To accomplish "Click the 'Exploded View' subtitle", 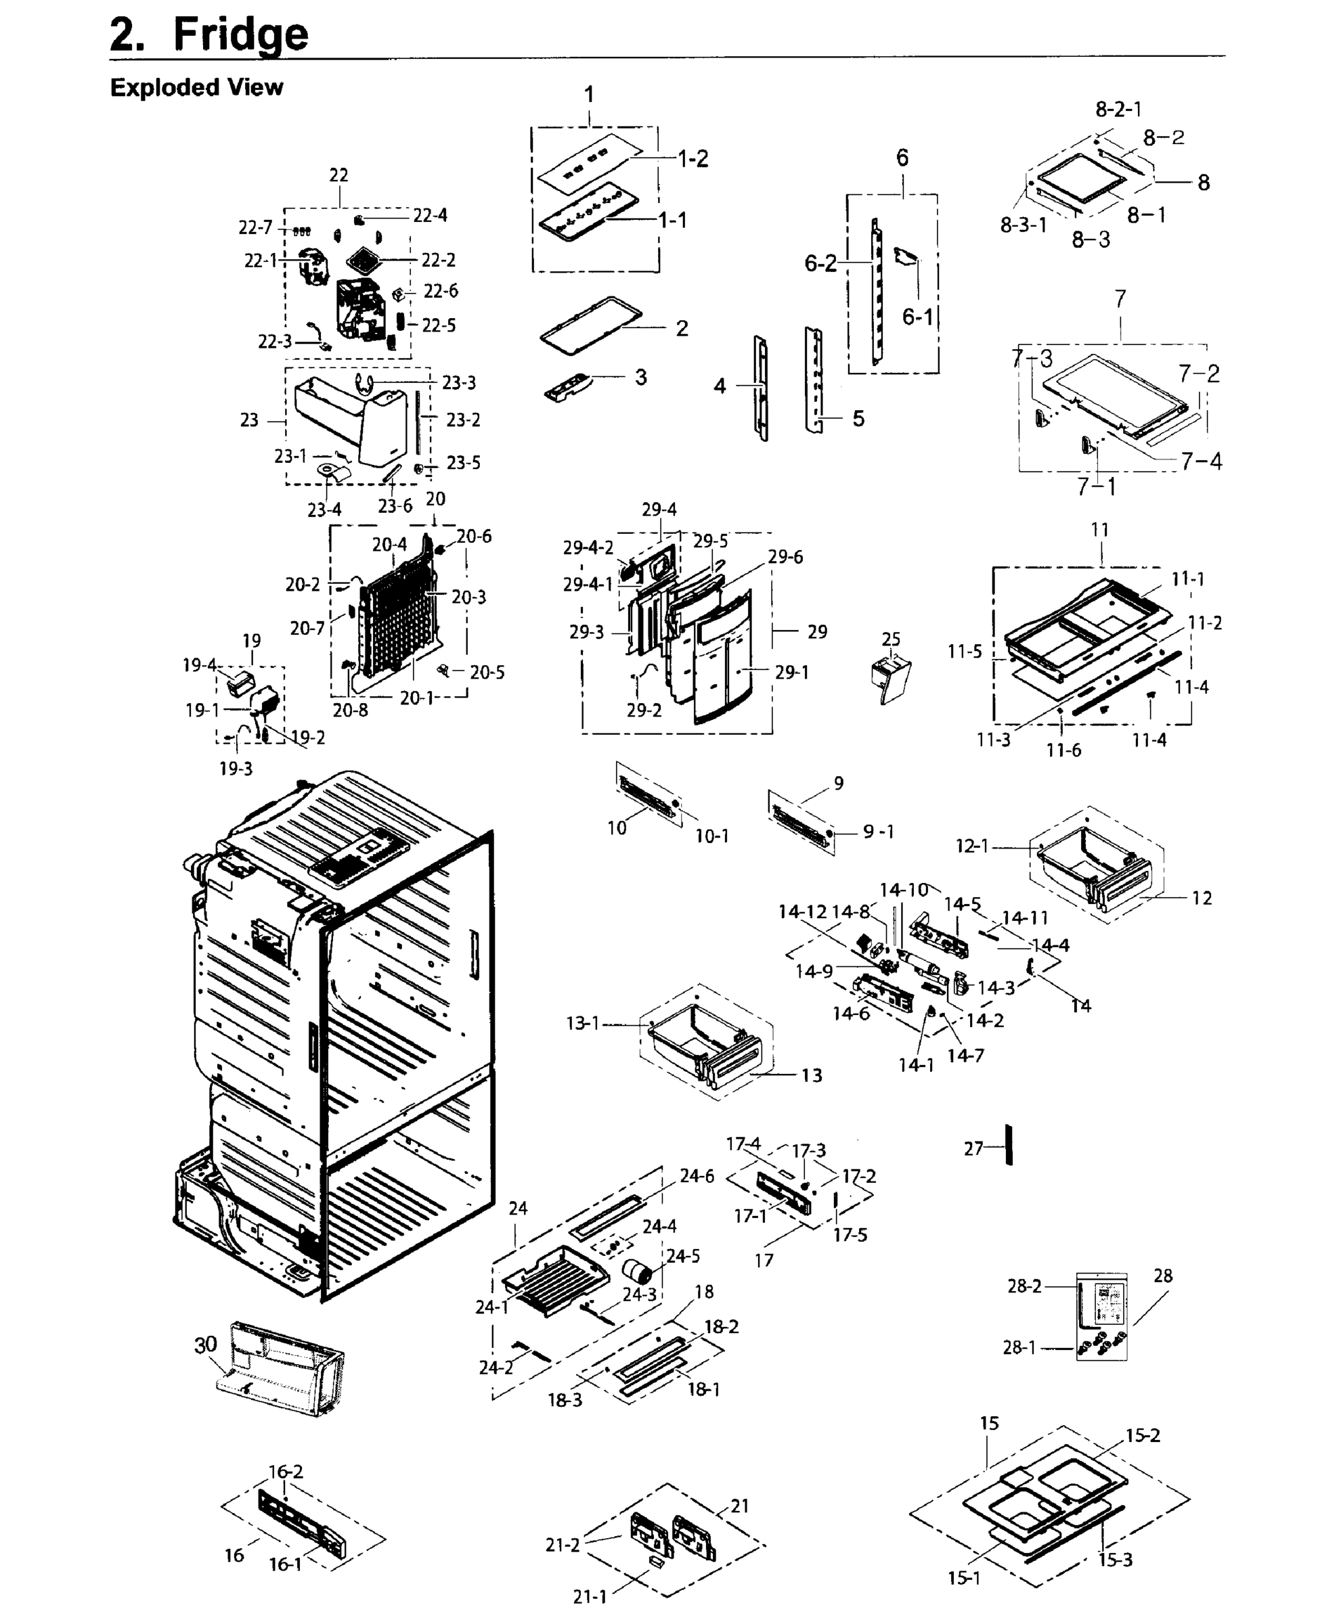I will tap(196, 87).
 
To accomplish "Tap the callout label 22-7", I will tap(255, 228).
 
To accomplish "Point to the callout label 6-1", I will tap(918, 317).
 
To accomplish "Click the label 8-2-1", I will tap(1118, 109).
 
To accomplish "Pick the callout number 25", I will tap(891, 639).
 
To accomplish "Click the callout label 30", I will tap(206, 1345).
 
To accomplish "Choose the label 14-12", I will tap(801, 912).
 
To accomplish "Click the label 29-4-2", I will tap(588, 547).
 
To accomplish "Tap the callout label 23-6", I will tap(395, 506).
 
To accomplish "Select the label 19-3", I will tap(236, 769).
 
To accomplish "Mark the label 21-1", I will tap(590, 1596).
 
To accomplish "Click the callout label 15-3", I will tap(1115, 1559).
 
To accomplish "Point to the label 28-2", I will tap(1024, 1286).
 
